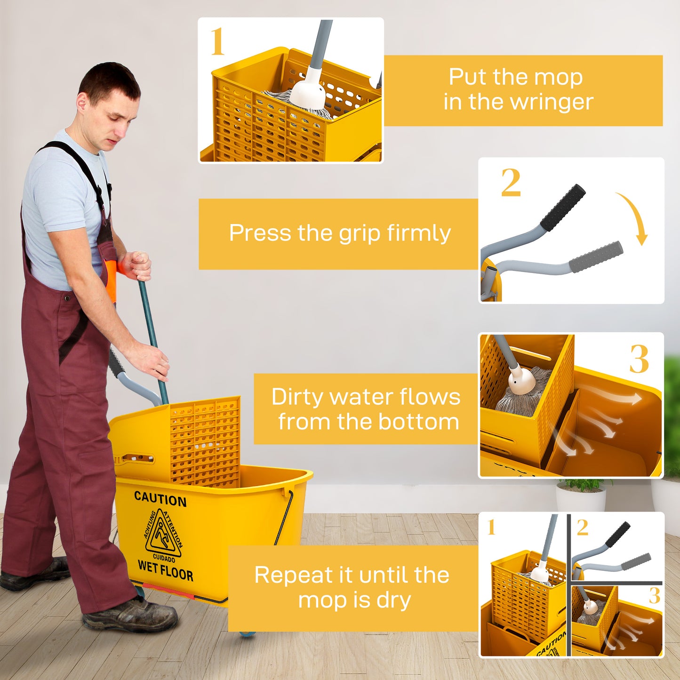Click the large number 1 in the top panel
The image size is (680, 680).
(217, 42)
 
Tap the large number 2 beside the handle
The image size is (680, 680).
(511, 183)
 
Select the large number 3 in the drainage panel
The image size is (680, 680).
(639, 359)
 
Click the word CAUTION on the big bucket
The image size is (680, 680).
(160, 499)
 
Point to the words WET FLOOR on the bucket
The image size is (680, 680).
(165, 570)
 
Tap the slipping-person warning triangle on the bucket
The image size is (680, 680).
(163, 535)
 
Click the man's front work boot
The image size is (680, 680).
(132, 615)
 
